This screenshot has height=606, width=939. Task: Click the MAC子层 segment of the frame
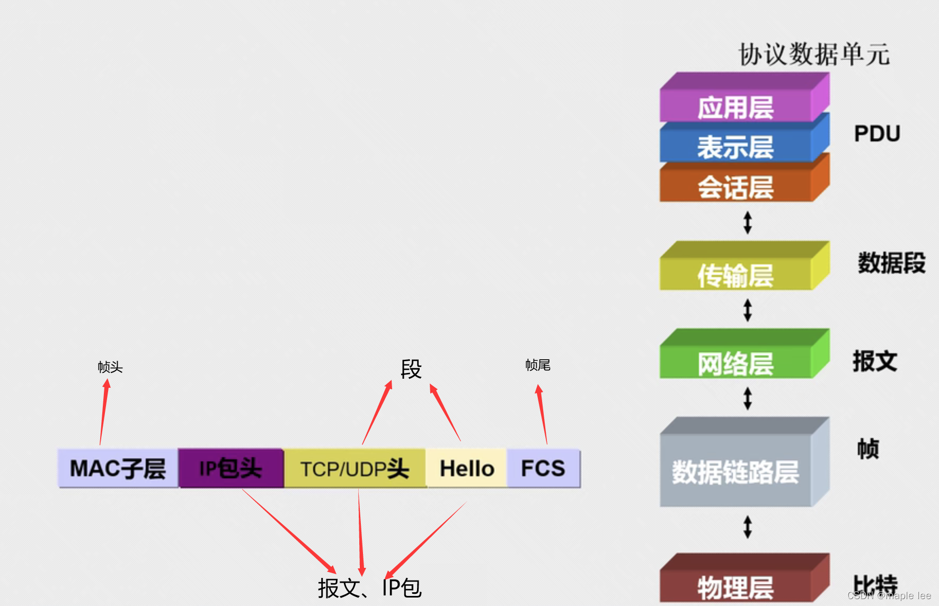click(x=118, y=468)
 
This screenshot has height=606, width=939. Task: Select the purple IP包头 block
click(x=231, y=468)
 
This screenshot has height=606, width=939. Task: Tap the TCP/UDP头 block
click(x=355, y=469)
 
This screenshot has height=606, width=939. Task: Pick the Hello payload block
click(x=466, y=469)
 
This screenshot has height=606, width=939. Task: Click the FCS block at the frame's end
click(x=543, y=468)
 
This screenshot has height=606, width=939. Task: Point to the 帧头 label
click(x=110, y=367)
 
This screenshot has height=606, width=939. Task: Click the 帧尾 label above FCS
click(x=538, y=365)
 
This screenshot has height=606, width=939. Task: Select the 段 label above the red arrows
click(x=411, y=369)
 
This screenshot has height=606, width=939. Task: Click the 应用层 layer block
click(x=736, y=108)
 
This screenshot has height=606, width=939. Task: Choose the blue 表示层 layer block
click(x=736, y=147)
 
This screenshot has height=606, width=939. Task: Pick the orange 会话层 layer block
click(x=736, y=187)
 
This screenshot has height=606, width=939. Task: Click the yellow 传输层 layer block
click(x=736, y=275)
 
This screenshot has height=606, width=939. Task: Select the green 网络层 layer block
click(x=736, y=363)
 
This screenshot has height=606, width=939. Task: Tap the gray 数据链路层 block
click(x=736, y=471)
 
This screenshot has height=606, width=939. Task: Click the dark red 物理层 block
click(x=736, y=587)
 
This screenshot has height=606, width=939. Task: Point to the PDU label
click(x=877, y=133)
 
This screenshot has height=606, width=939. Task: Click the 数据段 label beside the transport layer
click(x=891, y=263)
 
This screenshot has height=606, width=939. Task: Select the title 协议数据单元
click(x=814, y=55)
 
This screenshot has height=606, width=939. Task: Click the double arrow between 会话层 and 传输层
click(x=748, y=222)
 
